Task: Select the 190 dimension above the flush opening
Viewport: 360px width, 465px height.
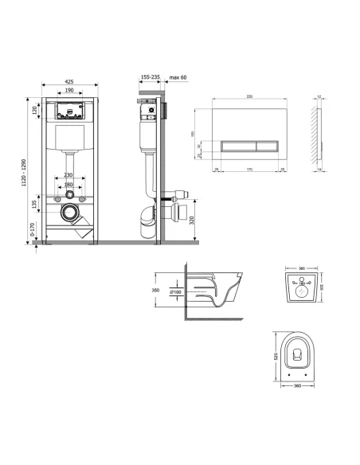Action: point(71,92)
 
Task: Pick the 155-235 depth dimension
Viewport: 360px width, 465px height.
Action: point(149,76)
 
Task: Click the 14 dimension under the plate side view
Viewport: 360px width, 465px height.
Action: point(319,169)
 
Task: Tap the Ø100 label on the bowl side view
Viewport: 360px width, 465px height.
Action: point(175,291)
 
